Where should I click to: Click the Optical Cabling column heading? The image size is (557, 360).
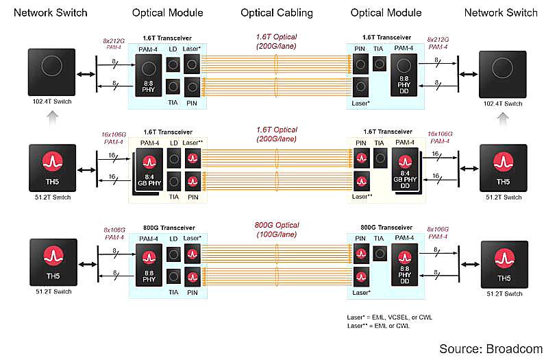pyautogui.click(x=277, y=13)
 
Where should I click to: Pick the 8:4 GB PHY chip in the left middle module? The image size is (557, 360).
pyautogui.click(x=149, y=171)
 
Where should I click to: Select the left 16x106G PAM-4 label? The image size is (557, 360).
pyautogui.click(x=114, y=139)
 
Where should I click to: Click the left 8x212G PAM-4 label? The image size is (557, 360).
pyautogui.click(x=114, y=45)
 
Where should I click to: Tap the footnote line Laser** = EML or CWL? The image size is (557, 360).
pyautogui.click(x=380, y=325)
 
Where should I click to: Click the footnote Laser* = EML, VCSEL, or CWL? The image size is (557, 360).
pyautogui.click(x=390, y=317)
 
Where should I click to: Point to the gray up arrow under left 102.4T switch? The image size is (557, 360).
pyautogui.click(x=50, y=119)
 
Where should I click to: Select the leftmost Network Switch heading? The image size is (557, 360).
pyautogui.click(x=51, y=13)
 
